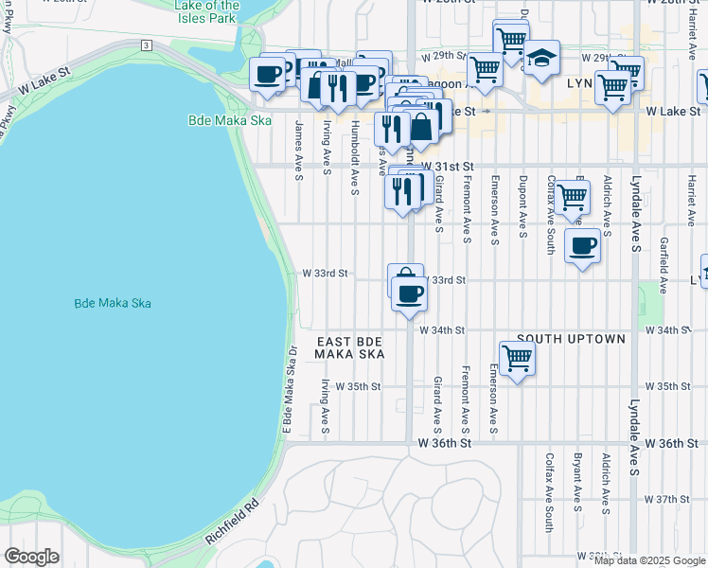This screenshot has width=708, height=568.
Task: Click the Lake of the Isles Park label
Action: click(x=207, y=11)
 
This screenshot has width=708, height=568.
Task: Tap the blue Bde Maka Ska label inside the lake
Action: click(x=113, y=304)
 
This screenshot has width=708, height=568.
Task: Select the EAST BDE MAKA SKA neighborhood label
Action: click(x=350, y=347)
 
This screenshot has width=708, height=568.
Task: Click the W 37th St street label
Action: click(x=677, y=499)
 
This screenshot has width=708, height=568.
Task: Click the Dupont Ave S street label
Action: click(x=521, y=203)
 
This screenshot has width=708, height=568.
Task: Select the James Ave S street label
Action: click(x=298, y=149)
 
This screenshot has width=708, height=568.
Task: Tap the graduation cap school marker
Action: click(x=541, y=56)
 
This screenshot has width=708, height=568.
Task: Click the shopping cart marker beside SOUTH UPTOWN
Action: click(x=517, y=359)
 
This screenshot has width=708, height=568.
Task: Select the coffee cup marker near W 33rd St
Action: click(x=409, y=293)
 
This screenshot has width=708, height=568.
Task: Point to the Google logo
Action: click(x=31, y=557)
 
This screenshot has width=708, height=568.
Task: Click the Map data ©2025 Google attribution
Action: click(x=648, y=560)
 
